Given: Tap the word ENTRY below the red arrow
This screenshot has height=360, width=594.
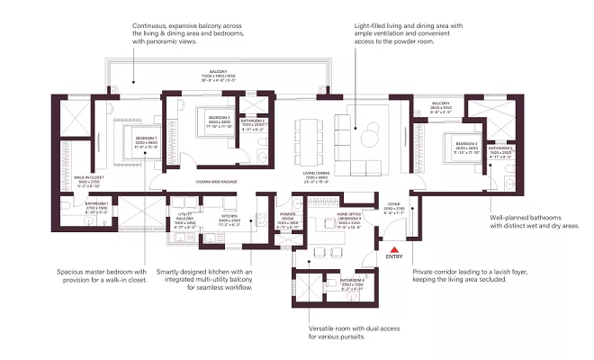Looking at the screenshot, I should coord(392,257).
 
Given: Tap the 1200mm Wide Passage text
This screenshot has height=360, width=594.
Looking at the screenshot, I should coord(216,183).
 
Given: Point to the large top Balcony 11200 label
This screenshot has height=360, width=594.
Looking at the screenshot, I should coord(218,73).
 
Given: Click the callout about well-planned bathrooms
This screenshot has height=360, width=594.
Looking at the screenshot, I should coord(532,221).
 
